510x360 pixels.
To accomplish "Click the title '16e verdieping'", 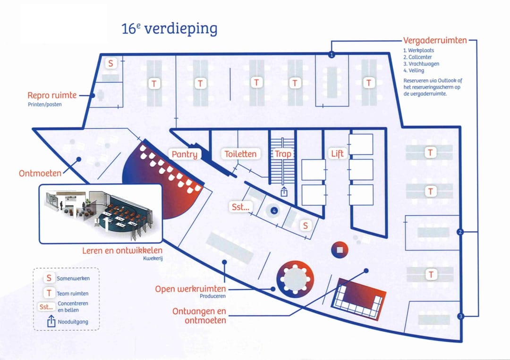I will click(x=170, y=29).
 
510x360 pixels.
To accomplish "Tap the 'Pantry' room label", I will click(x=184, y=154).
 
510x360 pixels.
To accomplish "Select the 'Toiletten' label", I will click(x=240, y=154).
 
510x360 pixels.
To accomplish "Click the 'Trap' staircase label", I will click(x=283, y=154).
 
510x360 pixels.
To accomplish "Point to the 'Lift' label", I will click(x=337, y=154).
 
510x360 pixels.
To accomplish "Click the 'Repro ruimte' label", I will click(x=52, y=95).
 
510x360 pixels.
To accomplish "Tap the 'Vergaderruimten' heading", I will click(x=434, y=41).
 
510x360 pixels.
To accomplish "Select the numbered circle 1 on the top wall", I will click(x=331, y=55).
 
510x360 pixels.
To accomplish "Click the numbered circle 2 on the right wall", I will click(x=461, y=232).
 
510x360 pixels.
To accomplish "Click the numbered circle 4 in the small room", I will click(x=273, y=210).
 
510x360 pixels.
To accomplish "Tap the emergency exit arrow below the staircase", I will click(x=284, y=191).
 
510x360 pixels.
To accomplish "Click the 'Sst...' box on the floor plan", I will click(x=240, y=207).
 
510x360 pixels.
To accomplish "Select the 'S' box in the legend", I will click(x=49, y=278).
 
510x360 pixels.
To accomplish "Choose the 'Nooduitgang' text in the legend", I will click(x=72, y=322).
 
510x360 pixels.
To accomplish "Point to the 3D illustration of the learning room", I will click(x=100, y=213).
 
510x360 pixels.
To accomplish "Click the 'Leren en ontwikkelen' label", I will click(x=122, y=251).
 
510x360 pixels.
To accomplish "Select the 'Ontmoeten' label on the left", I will click(x=40, y=173).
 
